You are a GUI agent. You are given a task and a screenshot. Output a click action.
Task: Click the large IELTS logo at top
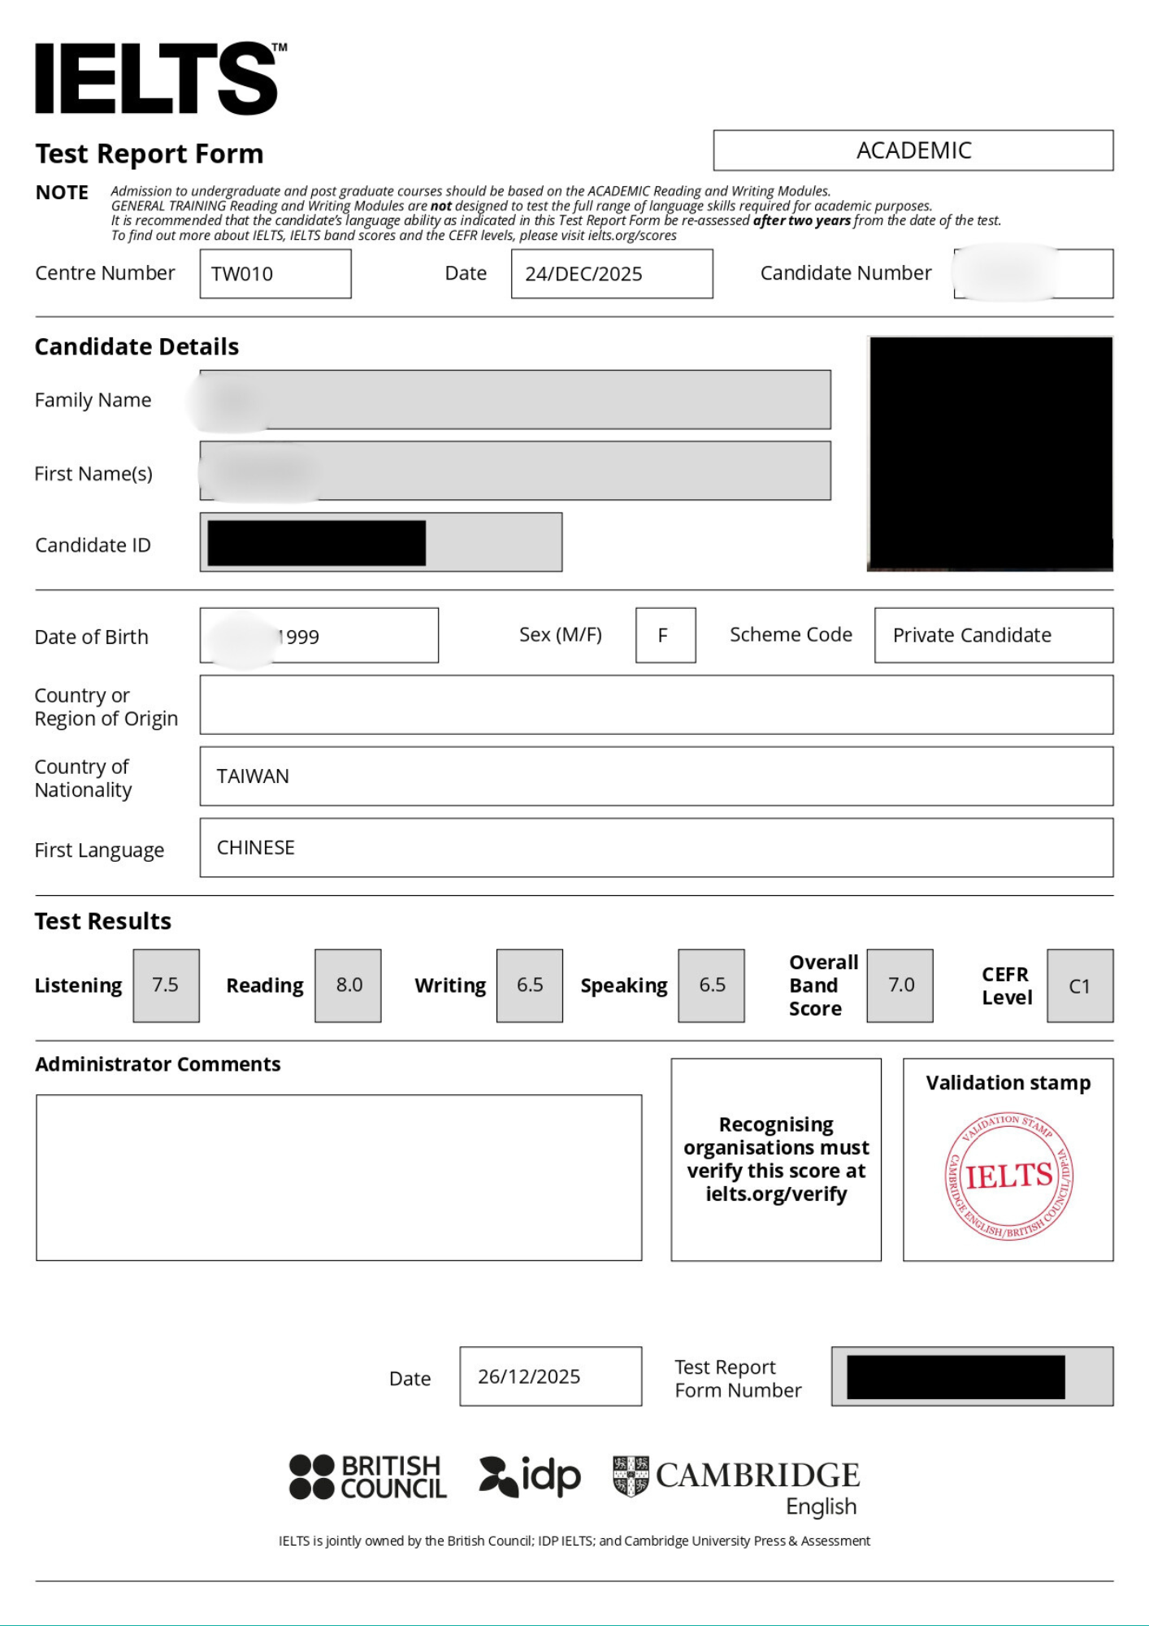[x=158, y=79]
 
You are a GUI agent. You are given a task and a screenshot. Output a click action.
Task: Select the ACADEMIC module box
[x=913, y=150]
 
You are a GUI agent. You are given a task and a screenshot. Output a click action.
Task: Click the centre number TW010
[x=242, y=274]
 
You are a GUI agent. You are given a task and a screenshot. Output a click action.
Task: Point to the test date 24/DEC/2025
[x=583, y=274]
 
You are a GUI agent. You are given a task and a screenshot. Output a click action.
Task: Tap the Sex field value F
[x=664, y=635]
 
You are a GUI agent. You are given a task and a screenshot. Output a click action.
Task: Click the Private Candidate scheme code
[x=972, y=635]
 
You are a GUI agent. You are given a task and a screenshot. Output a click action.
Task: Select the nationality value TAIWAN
[x=253, y=776]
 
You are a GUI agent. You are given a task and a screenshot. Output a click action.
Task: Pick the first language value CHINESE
[x=255, y=848]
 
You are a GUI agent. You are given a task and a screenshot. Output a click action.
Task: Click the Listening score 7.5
[x=166, y=985]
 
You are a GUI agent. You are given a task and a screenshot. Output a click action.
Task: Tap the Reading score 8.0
[x=349, y=985]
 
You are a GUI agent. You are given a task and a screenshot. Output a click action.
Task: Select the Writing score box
[x=530, y=985]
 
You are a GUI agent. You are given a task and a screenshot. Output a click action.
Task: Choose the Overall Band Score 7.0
[x=900, y=985]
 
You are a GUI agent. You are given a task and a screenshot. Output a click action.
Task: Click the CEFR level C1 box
[x=1079, y=986]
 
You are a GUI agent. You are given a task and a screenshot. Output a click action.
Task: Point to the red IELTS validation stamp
[x=1008, y=1176]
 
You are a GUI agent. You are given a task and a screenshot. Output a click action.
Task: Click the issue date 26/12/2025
[x=529, y=1376]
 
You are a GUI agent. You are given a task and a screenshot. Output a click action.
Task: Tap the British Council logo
[x=368, y=1476]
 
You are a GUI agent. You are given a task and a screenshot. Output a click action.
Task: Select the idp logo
[x=530, y=1476]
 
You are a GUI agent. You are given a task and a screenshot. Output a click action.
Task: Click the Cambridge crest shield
[x=631, y=1476]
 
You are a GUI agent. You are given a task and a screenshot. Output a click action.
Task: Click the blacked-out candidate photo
[x=990, y=454]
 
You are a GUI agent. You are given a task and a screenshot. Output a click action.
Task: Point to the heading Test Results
[x=103, y=921]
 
